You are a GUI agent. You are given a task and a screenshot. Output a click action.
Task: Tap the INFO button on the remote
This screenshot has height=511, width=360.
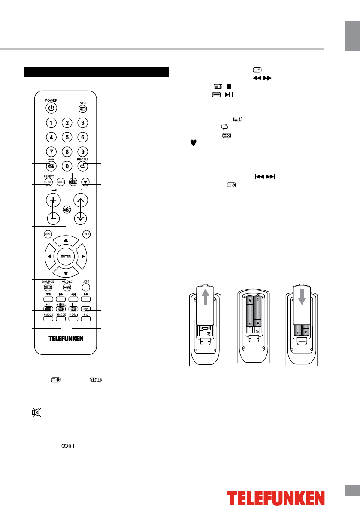coord(82,109)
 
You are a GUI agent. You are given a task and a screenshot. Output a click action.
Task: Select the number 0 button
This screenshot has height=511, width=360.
coord(67,166)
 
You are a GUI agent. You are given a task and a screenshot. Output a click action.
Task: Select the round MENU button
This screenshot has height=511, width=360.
coord(48,234)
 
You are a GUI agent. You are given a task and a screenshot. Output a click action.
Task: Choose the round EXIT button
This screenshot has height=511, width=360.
coord(86,234)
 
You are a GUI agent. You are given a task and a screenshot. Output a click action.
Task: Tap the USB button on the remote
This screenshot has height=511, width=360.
coord(86,287)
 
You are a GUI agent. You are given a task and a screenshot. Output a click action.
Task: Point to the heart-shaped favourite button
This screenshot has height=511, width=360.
coord(86,181)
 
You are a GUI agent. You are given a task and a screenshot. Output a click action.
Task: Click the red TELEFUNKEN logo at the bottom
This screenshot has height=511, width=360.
coord(275,498)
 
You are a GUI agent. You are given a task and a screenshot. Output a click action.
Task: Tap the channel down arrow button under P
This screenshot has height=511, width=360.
coord(80,218)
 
